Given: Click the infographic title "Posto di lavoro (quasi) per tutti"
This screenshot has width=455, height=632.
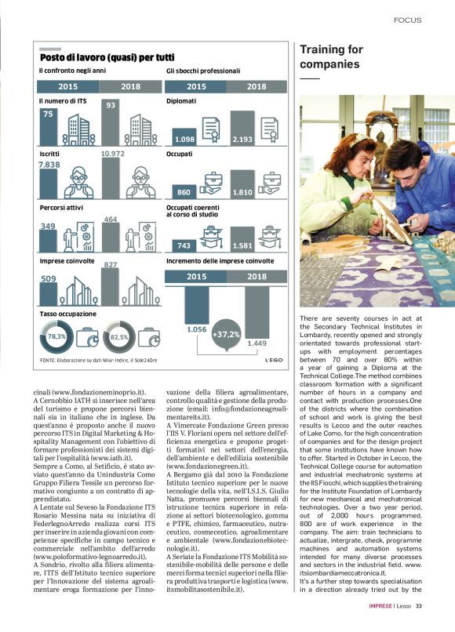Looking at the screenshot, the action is pos(107,57).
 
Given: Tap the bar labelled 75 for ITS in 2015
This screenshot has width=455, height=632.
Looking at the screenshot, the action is pos(48,127).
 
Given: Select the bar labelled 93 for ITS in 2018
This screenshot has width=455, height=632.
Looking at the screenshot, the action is pos(111,122).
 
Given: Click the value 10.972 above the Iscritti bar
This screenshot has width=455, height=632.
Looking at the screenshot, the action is pos(112,154).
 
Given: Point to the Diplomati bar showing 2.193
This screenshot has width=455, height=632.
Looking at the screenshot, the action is pos(242,128).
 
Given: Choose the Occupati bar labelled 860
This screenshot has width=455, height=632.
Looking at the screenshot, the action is pos(184,192).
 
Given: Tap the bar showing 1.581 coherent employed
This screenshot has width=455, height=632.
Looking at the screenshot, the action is pos(242,239).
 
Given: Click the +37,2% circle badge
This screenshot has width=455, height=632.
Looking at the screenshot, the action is pos(226,334).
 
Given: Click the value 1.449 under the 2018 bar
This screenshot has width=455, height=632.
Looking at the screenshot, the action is pos(257,343).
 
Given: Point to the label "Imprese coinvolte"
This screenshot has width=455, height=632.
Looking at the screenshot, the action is pos(67,261).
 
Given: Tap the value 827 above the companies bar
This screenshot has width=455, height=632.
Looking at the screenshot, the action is pos(111,264).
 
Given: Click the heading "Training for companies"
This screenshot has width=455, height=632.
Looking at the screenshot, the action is pos(331,56).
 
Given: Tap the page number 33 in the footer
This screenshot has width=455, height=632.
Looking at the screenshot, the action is pos(419,606).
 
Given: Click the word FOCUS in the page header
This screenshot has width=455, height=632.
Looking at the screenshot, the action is pos(407,20).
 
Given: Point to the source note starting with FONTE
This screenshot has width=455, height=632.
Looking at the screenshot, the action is pos(98,360).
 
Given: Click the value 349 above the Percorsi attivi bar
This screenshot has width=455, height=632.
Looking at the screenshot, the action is pos(48,226).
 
